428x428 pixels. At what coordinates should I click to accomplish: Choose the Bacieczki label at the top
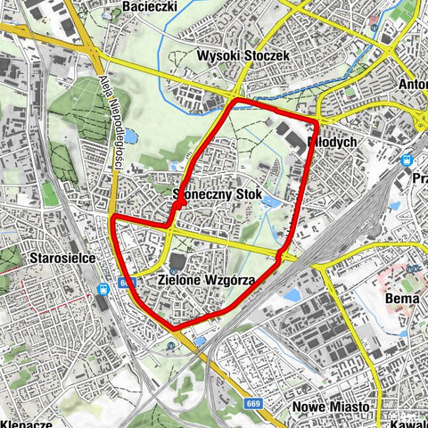click(151, 6)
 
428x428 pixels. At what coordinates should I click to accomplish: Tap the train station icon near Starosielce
click(103, 288)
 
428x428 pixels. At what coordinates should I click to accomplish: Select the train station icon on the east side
click(407, 161)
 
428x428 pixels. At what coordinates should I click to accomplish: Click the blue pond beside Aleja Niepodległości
click(131, 136)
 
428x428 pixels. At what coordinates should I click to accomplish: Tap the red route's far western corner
click(111, 217)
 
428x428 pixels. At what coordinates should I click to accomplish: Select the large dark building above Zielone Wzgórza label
click(177, 262)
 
